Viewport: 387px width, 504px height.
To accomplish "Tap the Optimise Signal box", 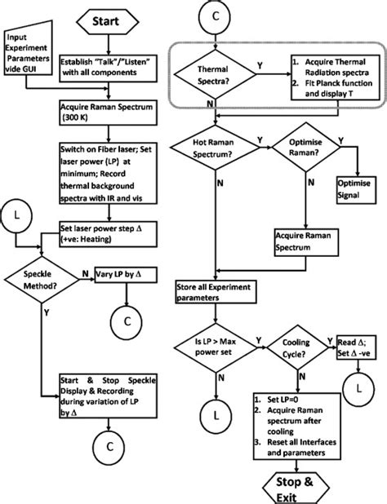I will (x=354, y=204).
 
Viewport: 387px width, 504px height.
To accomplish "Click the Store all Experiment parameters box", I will (x=214, y=292).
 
